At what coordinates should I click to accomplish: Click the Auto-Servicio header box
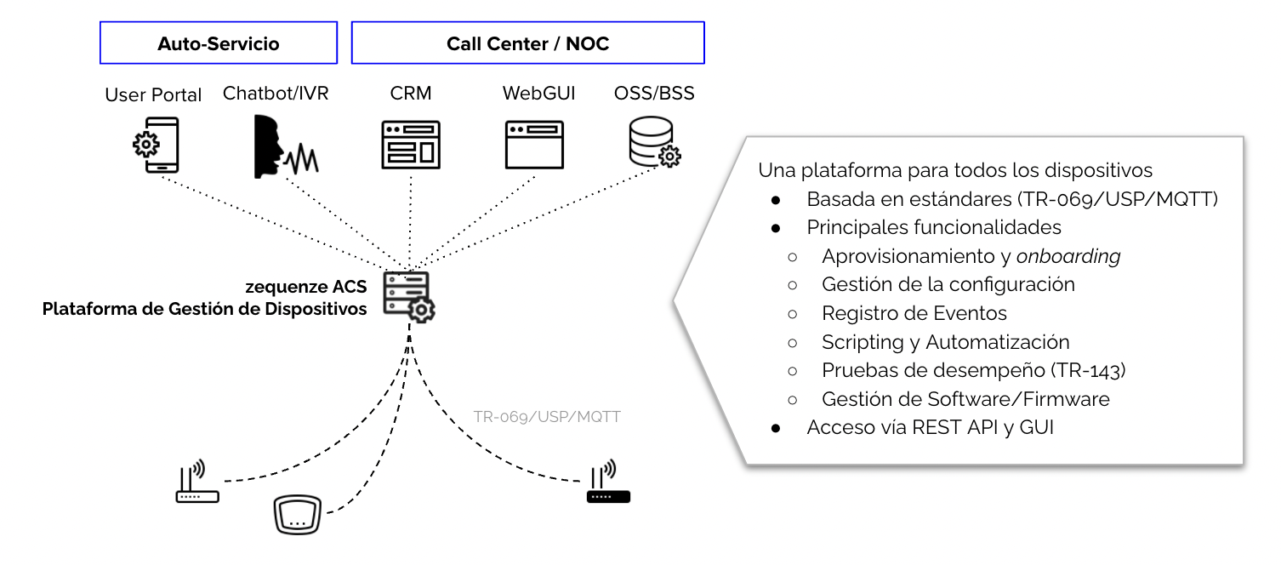[x=218, y=43]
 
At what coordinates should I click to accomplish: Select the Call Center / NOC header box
[x=527, y=43]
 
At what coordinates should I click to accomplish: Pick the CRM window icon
[x=410, y=144]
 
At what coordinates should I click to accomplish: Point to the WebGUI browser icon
[x=534, y=144]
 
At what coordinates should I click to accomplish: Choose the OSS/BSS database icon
[x=653, y=142]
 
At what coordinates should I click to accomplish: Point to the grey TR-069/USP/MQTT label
[x=547, y=417]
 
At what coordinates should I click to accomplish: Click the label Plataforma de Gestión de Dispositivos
[x=205, y=309]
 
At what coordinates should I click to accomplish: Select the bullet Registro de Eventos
[x=914, y=313]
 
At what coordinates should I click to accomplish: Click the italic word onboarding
[x=1067, y=256]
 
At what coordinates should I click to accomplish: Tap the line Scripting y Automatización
[x=945, y=342]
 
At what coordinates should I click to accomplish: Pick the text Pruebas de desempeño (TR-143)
[x=973, y=370]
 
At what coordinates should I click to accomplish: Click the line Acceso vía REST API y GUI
[x=930, y=427]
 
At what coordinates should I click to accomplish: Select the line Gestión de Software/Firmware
[x=965, y=398]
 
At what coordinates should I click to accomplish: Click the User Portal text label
[x=153, y=95]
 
